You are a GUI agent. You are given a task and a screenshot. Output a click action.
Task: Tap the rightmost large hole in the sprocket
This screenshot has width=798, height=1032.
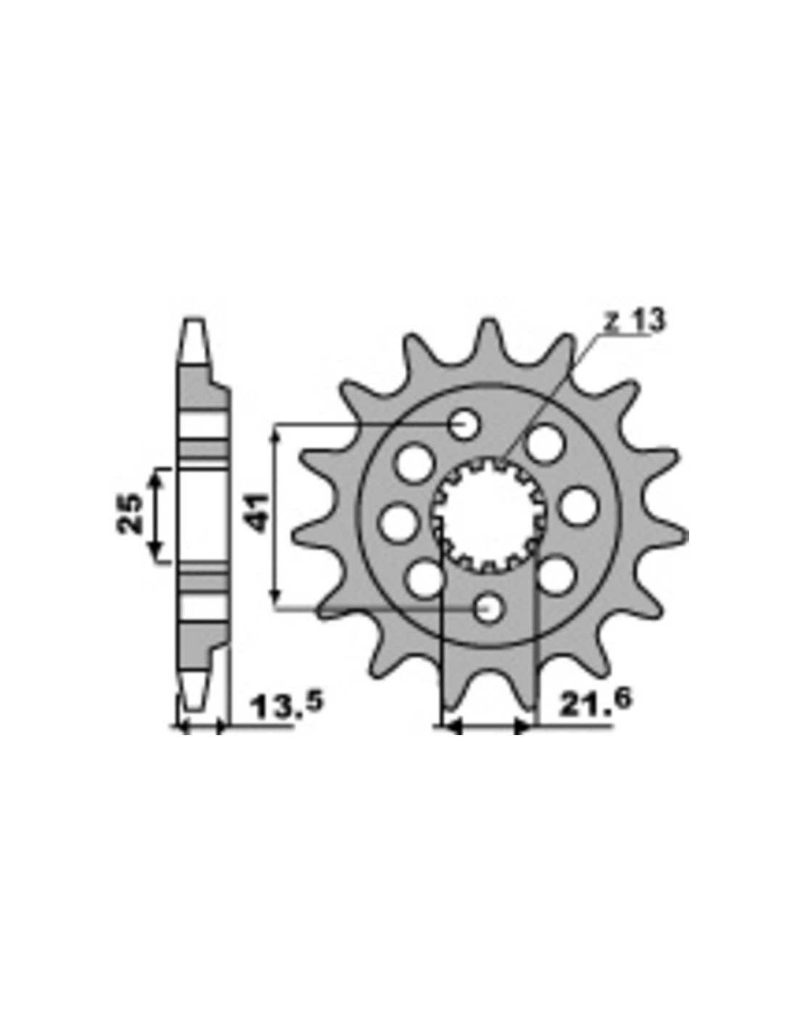tap(576, 505)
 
